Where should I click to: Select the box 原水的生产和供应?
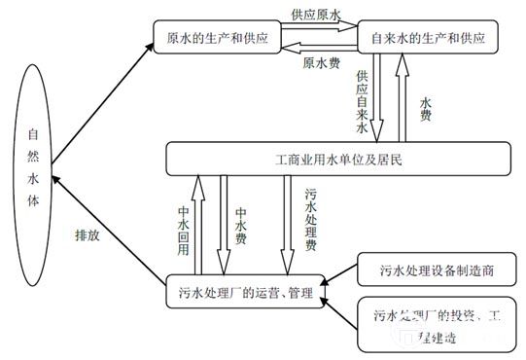point(218,38)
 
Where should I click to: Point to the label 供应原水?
point(316,16)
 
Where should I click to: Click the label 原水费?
point(320,63)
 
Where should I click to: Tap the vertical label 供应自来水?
point(362,99)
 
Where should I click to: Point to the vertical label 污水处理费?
point(310,220)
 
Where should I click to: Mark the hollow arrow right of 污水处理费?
point(289,224)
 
